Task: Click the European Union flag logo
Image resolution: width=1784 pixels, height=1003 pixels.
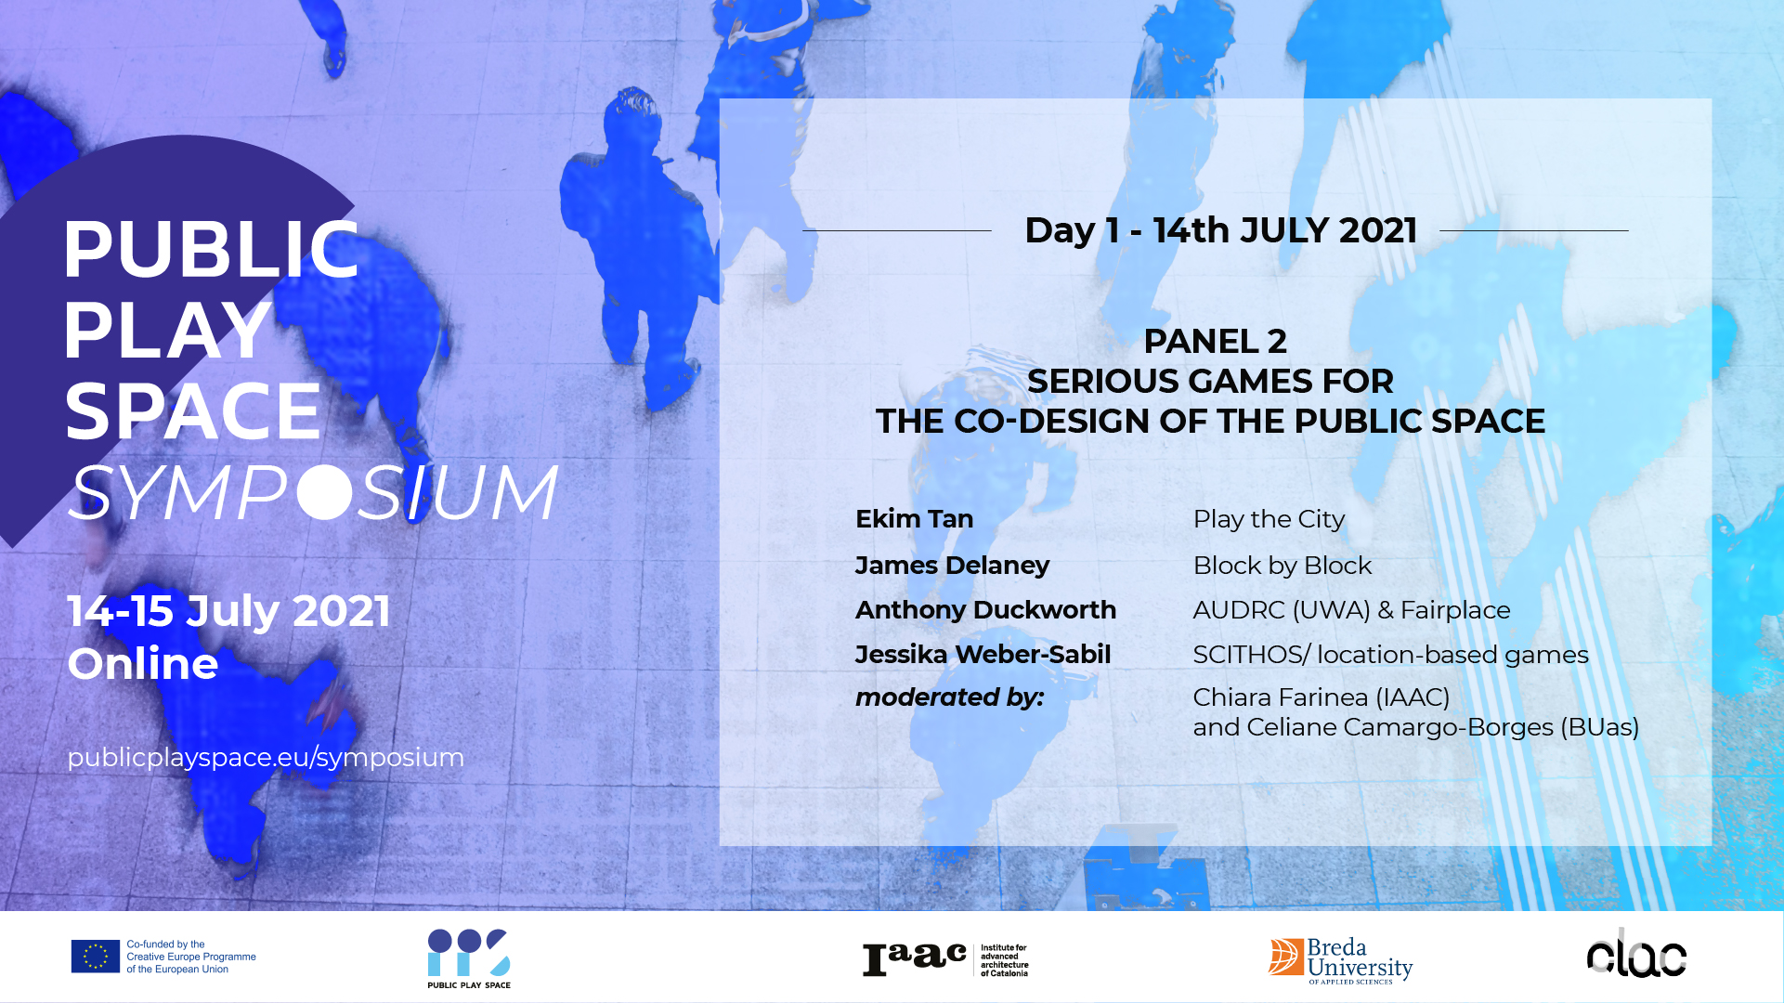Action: (96, 957)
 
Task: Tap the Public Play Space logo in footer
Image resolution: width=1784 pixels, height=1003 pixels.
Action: (469, 958)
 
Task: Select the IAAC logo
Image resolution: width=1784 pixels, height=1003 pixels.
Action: (945, 959)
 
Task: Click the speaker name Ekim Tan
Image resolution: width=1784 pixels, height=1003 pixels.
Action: (914, 519)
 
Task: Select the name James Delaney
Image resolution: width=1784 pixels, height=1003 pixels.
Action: (952, 566)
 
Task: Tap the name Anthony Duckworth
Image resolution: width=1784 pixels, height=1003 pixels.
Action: (985, 610)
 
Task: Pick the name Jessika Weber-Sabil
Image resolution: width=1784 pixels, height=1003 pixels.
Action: (983, 655)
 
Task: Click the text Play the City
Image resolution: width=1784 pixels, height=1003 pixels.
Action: (1269, 519)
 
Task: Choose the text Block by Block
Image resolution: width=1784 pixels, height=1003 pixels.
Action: (1283, 566)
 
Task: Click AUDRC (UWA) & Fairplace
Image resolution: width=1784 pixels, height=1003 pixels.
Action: (1351, 610)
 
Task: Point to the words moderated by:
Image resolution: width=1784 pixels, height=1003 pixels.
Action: (949, 697)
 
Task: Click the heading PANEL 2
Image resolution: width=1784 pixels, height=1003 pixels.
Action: (1215, 341)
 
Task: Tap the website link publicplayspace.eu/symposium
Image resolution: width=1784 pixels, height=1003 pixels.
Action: (266, 758)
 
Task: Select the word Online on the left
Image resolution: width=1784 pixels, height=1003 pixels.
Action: (143, 663)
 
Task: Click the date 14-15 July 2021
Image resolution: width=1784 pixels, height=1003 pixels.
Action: (228, 611)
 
